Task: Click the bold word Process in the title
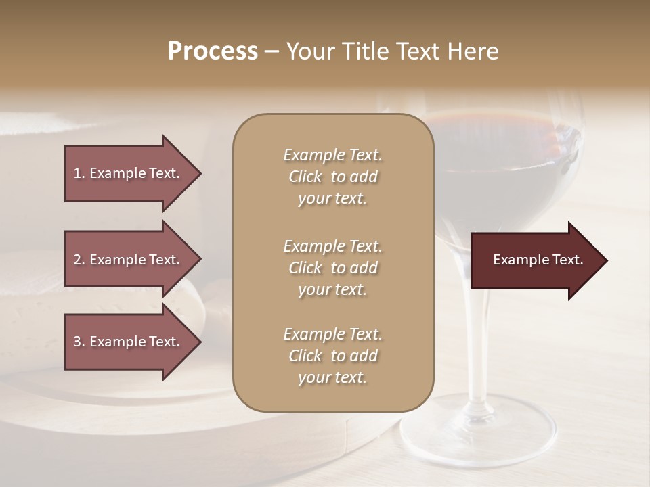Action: click(213, 51)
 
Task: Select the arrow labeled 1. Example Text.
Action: click(129, 173)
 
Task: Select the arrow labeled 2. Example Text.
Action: click(129, 260)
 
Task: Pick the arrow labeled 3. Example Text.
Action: click(129, 342)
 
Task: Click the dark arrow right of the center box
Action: click(535, 260)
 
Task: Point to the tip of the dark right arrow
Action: click(606, 260)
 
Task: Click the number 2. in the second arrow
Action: click(79, 260)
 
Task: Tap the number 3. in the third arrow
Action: click(79, 342)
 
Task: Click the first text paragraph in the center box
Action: click(332, 177)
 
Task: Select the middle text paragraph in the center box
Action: click(332, 268)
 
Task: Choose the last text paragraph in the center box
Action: click(332, 356)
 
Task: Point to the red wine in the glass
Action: click(501, 156)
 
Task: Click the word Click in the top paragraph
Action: click(305, 177)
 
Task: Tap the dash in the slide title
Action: click(272, 51)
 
